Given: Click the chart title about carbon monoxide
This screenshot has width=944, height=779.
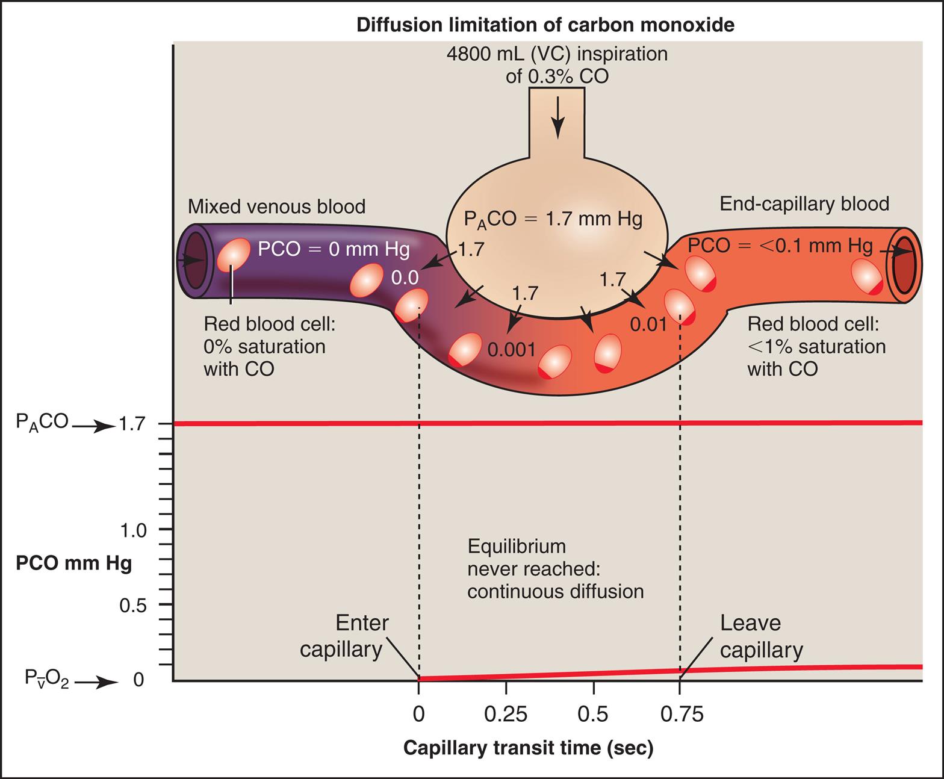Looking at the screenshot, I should [x=545, y=25].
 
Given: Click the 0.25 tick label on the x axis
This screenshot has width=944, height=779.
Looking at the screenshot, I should [x=506, y=714].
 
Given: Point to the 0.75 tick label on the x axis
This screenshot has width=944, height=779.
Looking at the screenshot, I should [x=682, y=714].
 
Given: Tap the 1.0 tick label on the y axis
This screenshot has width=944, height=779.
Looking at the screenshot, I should [x=133, y=530].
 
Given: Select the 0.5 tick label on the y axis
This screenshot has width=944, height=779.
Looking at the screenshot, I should [x=133, y=606].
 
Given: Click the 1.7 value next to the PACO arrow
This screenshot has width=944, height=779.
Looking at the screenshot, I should [x=132, y=424].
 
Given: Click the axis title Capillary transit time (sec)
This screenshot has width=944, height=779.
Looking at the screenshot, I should [x=528, y=748].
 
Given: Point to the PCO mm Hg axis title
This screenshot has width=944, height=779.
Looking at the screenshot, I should [x=73, y=563].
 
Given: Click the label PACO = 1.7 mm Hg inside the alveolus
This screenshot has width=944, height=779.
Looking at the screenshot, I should [x=553, y=219].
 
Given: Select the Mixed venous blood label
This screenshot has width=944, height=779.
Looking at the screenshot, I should [x=276, y=206].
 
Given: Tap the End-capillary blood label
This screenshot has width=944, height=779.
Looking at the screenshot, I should [x=804, y=204].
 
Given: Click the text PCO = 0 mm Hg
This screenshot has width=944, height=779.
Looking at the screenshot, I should [x=334, y=249].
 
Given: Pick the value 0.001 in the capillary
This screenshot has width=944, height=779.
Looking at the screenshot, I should [x=511, y=350].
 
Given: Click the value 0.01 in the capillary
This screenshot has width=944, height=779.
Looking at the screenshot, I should [x=648, y=325].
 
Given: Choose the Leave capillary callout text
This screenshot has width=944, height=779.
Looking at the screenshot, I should [x=760, y=636].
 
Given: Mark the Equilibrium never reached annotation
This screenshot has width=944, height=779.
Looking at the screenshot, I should [x=555, y=569].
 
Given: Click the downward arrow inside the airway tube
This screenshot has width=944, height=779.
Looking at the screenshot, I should [x=558, y=117].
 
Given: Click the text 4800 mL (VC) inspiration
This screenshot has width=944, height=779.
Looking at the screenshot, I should [x=557, y=54].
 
